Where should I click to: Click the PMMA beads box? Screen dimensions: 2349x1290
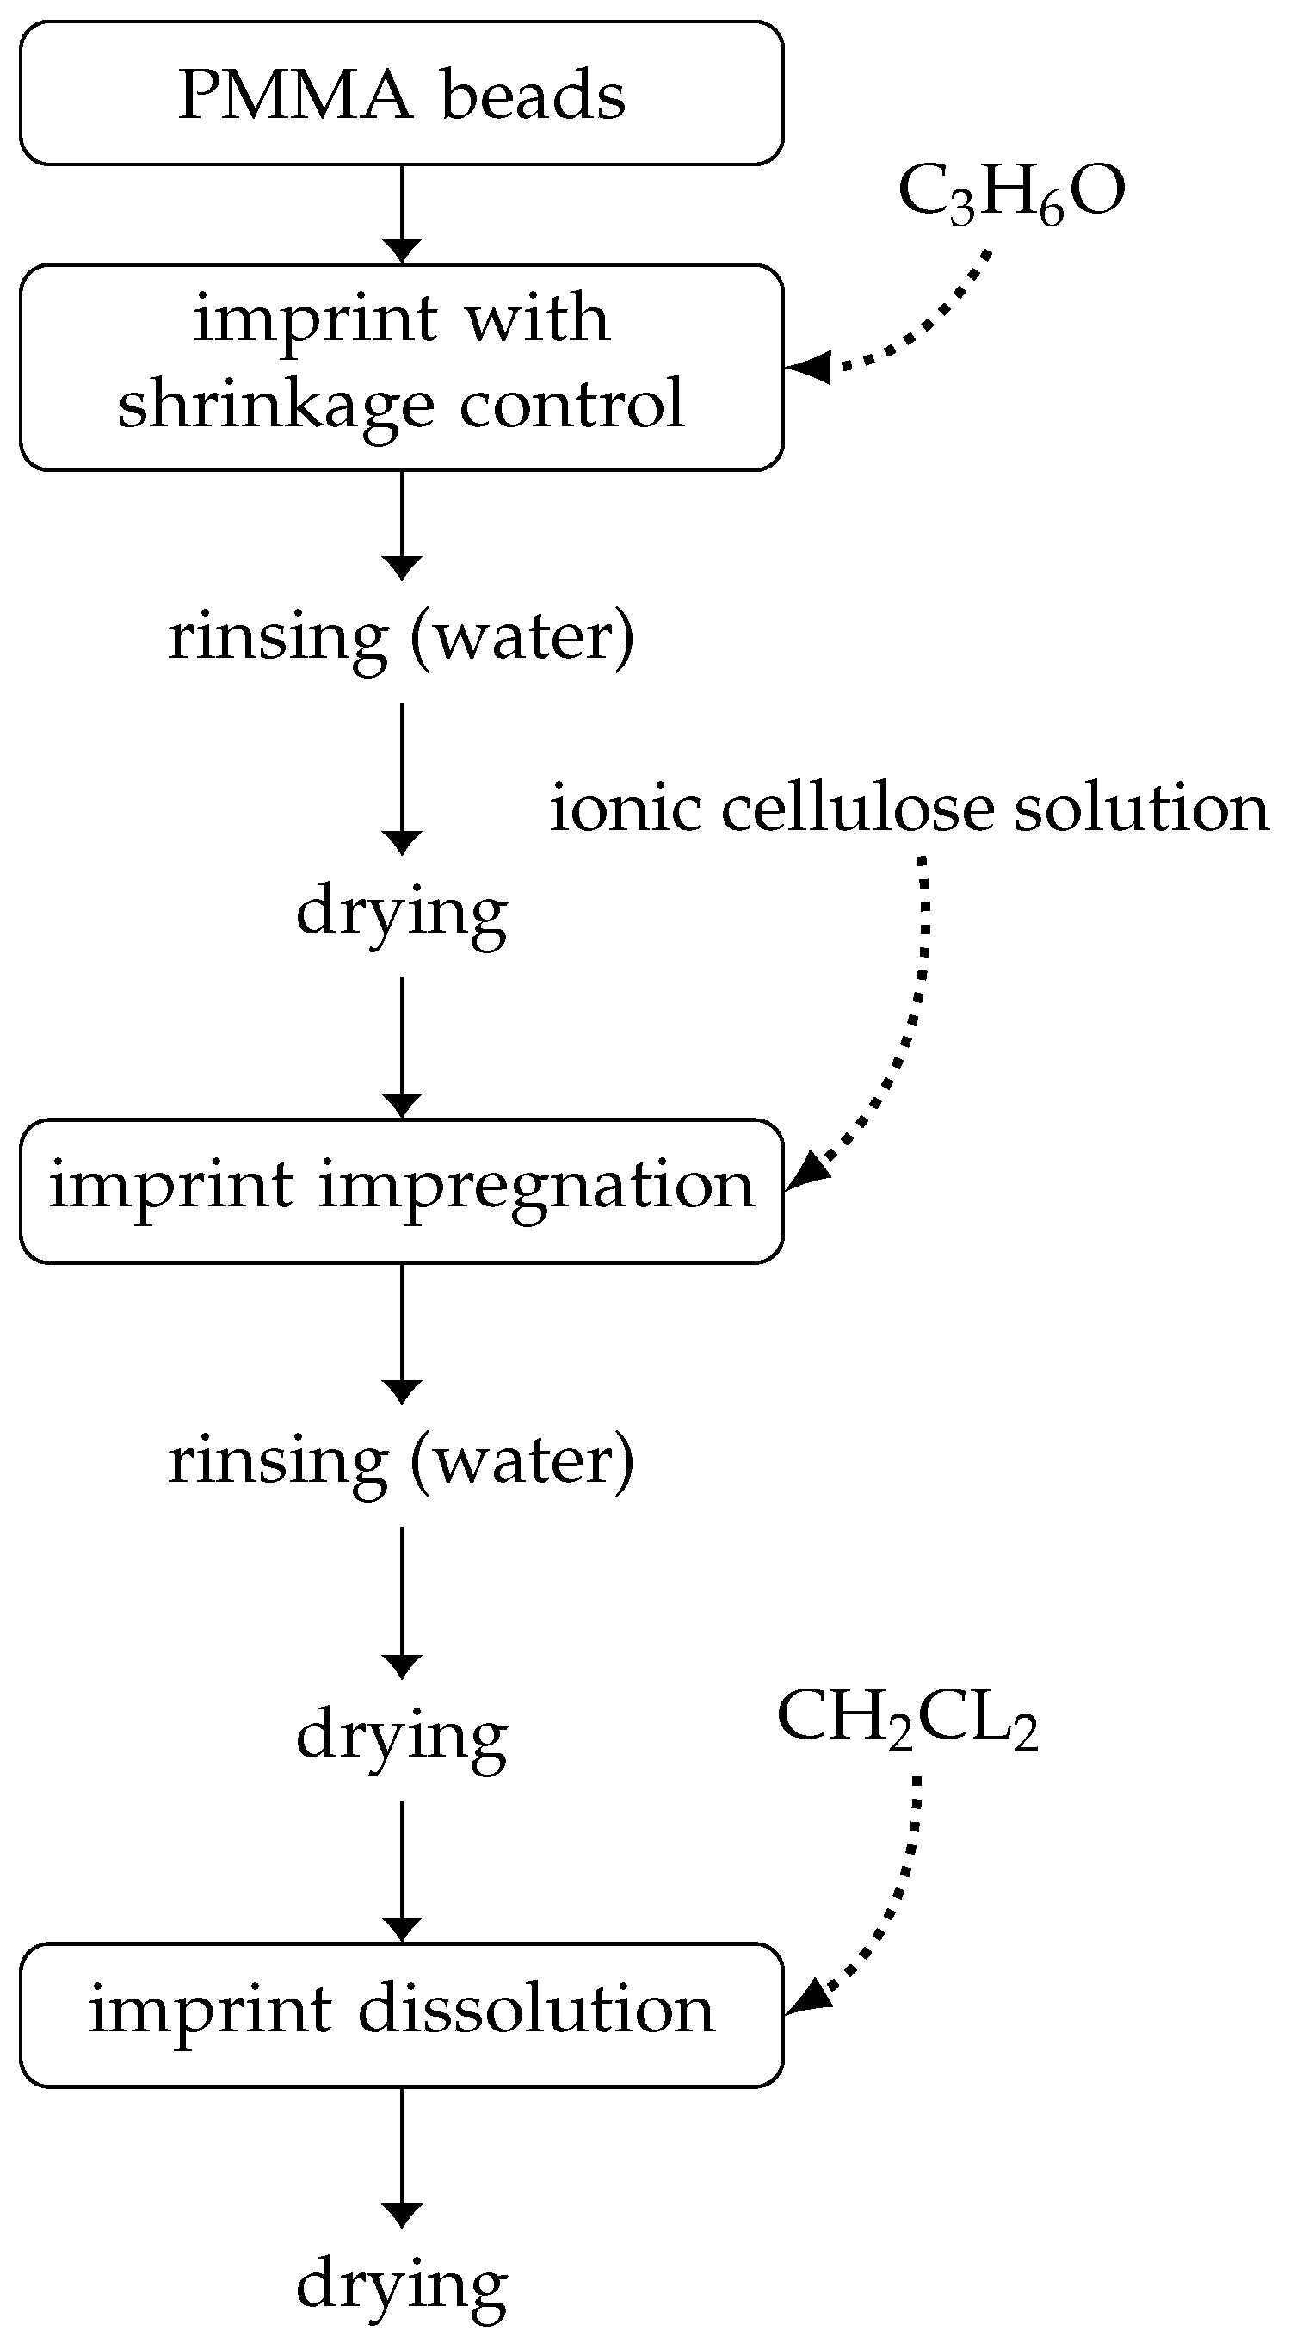tap(401, 93)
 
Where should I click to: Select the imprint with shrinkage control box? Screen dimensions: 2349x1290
tap(401, 367)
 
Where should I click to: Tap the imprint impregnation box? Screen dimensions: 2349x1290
tap(401, 1190)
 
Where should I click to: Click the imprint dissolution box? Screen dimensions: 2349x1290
tap(401, 2014)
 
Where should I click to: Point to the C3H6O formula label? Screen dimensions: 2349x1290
tap(1011, 194)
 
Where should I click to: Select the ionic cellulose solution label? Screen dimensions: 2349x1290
tap(909, 809)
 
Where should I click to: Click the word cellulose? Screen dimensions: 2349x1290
tap(857, 809)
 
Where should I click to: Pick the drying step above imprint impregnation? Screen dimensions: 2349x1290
tap(401, 911)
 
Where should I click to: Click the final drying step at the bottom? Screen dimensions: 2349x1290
tap(401, 2285)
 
